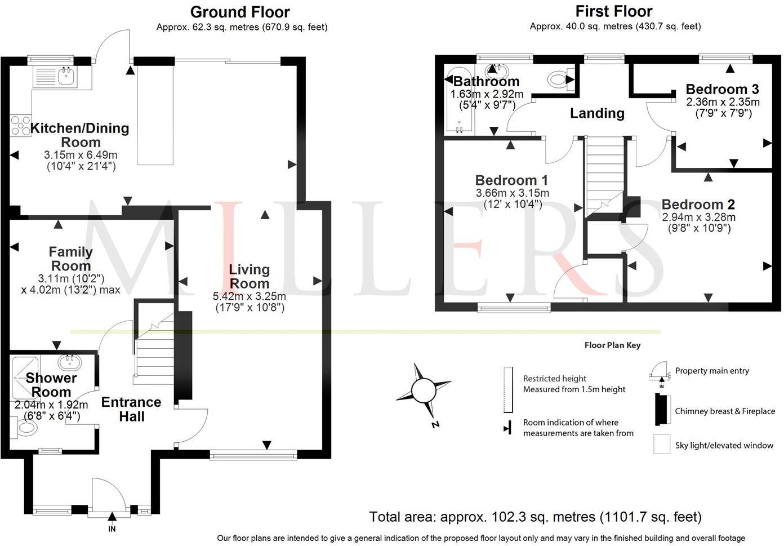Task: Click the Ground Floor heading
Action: coord(240,12)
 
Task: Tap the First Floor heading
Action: coord(613,11)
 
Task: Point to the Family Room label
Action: coord(70,259)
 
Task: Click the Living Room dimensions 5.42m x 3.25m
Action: coord(250,296)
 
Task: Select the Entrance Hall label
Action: coord(131,409)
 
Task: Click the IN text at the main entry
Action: coord(112,529)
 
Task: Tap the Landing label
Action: coord(597,113)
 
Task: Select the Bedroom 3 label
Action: coord(722,89)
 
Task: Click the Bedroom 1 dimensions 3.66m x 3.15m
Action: coord(512,193)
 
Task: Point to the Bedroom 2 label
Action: coord(698,205)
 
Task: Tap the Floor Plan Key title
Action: coord(612,345)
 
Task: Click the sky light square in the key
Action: coord(661,444)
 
